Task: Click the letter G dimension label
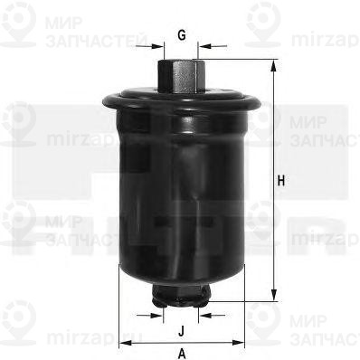point(182,35)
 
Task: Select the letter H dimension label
point(282,181)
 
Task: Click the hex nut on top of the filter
point(181,72)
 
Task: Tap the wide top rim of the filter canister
point(181,98)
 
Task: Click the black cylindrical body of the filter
point(181,190)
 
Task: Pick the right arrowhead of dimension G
point(204,43)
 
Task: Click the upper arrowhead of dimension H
point(272,63)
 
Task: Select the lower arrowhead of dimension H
point(272,297)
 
